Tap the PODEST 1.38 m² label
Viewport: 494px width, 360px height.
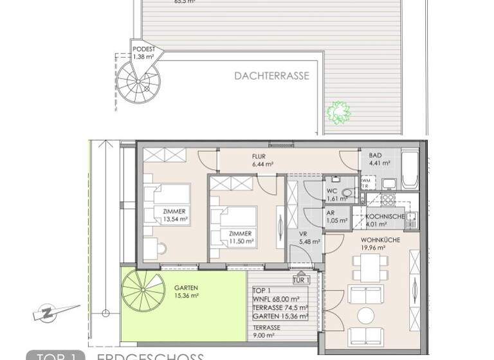tap(144, 53)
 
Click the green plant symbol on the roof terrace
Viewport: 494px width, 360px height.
tap(338, 113)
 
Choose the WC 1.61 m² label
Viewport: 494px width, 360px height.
tap(333, 195)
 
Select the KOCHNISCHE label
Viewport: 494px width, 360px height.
tap(385, 220)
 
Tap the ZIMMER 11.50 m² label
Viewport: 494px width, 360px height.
tap(240, 238)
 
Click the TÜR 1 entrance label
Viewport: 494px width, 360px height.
tap(301, 280)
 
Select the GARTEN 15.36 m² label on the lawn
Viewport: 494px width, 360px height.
tap(186, 291)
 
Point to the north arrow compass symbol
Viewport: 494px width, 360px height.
tap(48, 313)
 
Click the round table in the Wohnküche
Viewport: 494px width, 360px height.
tap(366, 316)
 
